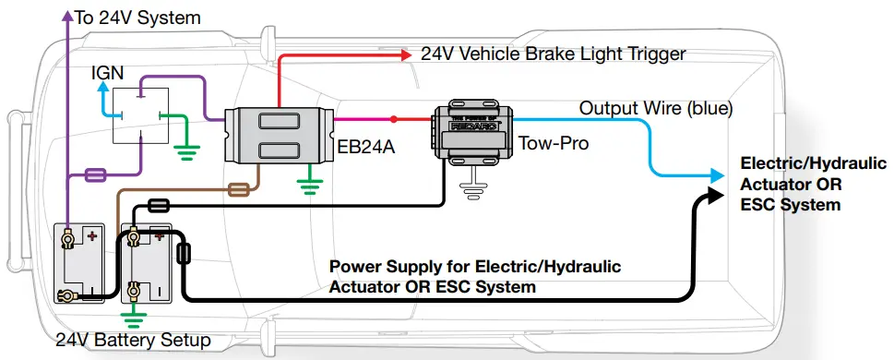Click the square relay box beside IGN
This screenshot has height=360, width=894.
click(x=142, y=115)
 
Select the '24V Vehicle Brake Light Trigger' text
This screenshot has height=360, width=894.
click(x=554, y=54)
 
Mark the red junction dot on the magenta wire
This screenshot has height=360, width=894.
click(x=393, y=119)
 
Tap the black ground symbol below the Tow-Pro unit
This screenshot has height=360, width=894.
click(x=473, y=190)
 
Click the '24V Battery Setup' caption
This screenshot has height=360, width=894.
click(x=133, y=341)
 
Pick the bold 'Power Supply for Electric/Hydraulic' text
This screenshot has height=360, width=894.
click(x=475, y=267)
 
